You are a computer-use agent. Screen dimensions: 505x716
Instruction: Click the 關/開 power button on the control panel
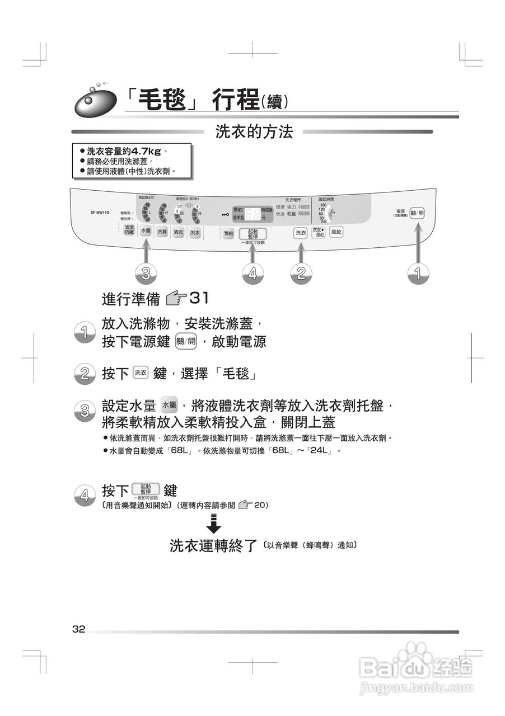tap(417, 213)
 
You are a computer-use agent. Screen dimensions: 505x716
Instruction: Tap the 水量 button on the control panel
tap(146, 231)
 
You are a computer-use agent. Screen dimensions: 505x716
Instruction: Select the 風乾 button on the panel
tap(336, 232)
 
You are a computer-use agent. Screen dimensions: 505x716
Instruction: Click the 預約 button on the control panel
tap(228, 234)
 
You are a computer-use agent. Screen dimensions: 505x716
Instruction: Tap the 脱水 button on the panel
tap(195, 233)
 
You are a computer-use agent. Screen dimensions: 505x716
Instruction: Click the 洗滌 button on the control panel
tap(162, 232)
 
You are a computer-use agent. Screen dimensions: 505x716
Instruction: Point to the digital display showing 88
tap(253, 213)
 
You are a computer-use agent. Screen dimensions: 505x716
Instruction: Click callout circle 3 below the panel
tap(146, 273)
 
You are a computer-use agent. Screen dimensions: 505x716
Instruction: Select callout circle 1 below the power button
tap(417, 273)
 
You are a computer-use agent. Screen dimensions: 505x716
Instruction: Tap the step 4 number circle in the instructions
tap(84, 495)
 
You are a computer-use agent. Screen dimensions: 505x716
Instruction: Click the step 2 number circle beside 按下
tap(84, 374)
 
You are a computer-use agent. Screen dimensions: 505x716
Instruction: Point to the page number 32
tap(78, 629)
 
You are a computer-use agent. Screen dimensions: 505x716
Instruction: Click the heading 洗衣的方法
tap(254, 132)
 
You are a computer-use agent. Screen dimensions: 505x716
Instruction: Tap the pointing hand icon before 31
tap(177, 298)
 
